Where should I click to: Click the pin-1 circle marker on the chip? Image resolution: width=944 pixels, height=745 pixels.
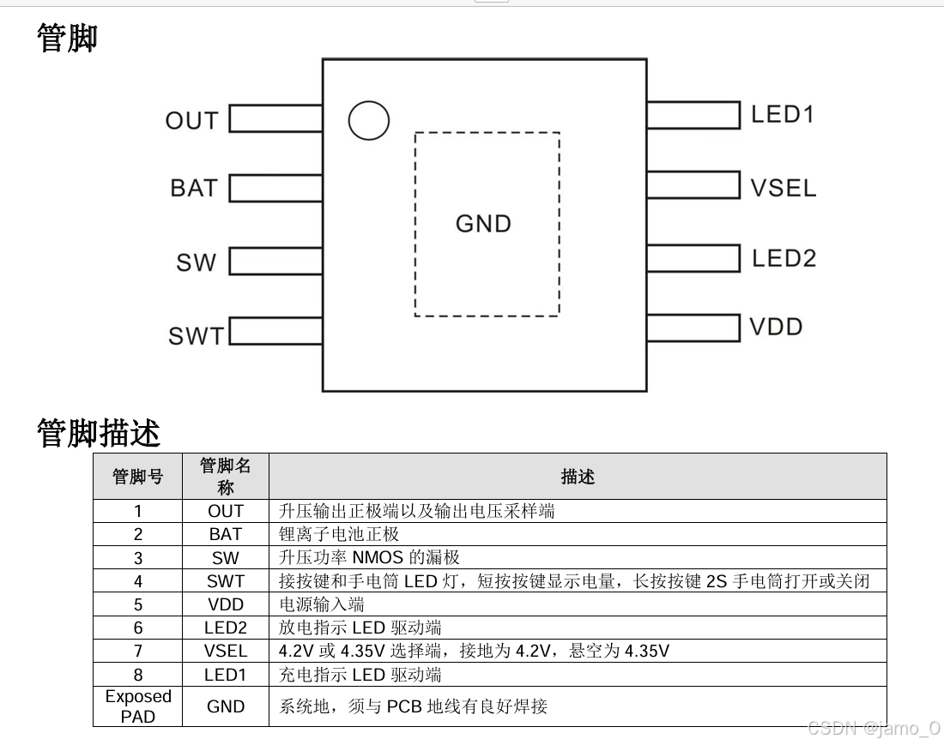[x=369, y=121]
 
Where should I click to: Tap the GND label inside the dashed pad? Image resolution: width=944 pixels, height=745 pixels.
[x=483, y=224]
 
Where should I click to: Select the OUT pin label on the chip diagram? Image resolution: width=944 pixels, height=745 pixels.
[x=191, y=121]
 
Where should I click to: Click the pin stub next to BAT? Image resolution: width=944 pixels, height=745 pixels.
[x=275, y=188]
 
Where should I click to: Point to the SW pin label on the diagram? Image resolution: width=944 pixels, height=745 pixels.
[x=196, y=262]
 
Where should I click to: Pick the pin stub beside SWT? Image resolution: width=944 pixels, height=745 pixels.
[x=275, y=330]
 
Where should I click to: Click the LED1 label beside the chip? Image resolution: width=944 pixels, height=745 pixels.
[x=782, y=114]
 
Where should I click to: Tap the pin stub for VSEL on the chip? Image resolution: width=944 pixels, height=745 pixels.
[x=693, y=185]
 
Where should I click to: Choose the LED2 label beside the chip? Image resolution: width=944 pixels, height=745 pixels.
[x=784, y=258]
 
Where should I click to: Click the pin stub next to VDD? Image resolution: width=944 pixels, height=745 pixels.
[x=693, y=327]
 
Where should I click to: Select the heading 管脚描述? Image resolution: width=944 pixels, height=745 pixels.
[x=98, y=433]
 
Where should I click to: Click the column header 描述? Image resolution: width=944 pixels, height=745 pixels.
[x=577, y=477]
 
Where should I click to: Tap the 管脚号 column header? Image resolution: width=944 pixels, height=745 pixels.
[x=137, y=477]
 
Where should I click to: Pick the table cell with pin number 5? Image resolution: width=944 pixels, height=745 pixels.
[x=137, y=604]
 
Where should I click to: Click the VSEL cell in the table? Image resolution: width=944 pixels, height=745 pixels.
[x=226, y=651]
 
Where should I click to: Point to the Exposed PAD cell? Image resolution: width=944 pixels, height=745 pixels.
[x=137, y=706]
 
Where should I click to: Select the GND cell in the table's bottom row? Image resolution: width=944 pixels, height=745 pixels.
[x=226, y=706]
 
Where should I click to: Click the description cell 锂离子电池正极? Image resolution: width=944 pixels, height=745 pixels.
[x=339, y=534]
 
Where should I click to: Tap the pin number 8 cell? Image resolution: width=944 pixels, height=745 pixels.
[x=137, y=675]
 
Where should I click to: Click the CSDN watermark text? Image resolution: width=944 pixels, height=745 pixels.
[x=874, y=728]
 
